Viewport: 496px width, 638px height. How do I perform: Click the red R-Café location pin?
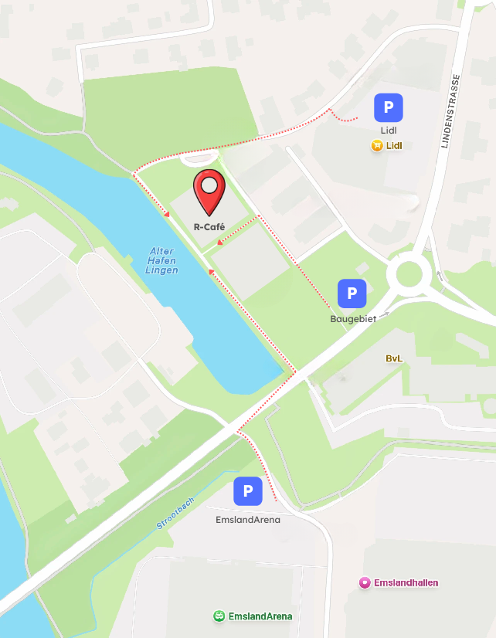click(x=209, y=190)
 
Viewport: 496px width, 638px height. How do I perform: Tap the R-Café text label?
click(x=209, y=227)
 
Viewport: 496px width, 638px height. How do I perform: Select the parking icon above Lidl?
click(x=389, y=107)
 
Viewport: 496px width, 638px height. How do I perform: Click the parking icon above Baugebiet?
click(x=352, y=294)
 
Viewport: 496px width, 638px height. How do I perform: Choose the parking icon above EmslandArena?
click(x=248, y=491)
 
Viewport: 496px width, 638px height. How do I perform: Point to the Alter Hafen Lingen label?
click(x=161, y=261)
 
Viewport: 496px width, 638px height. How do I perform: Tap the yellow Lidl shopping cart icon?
click(x=377, y=145)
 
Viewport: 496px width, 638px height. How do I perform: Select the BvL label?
click(x=395, y=358)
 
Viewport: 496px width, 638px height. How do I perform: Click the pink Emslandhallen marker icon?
click(x=365, y=582)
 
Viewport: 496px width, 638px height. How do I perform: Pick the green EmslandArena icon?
click(x=219, y=616)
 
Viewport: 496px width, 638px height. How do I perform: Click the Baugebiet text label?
click(x=352, y=318)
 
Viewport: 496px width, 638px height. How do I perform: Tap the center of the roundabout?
click(x=409, y=273)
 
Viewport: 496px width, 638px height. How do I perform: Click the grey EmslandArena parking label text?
click(x=248, y=520)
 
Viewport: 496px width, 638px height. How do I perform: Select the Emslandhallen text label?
click(x=406, y=582)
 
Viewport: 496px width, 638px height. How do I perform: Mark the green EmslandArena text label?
click(x=260, y=616)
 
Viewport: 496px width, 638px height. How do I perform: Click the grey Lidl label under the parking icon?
click(x=389, y=131)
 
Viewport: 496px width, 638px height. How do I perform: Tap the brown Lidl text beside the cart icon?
click(x=395, y=145)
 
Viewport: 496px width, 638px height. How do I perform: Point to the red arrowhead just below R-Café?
click(x=220, y=242)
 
